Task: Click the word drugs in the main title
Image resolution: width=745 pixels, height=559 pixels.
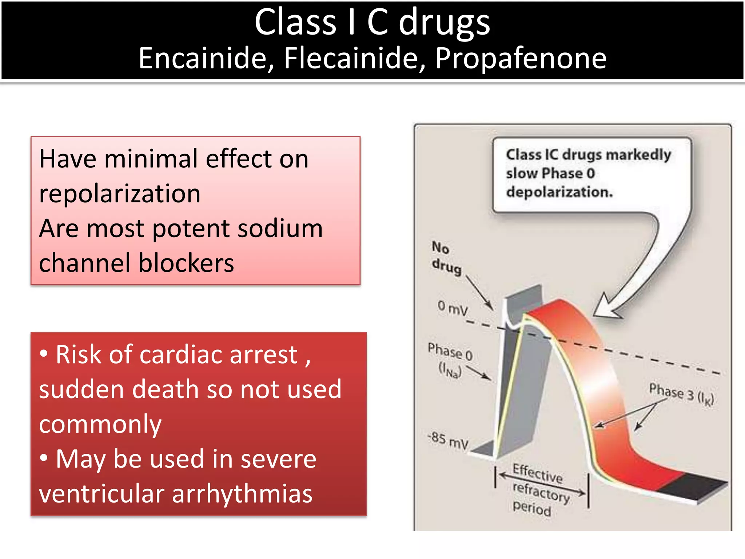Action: (444, 23)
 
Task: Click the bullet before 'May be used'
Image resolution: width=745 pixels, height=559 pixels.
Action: (44, 458)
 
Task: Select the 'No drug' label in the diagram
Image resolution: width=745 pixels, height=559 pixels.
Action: (446, 258)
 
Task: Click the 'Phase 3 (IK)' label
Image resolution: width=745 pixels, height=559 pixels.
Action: (681, 394)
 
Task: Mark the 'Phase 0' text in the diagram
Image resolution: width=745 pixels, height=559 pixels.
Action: (450, 352)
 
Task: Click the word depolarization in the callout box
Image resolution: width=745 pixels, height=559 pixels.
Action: (559, 192)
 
